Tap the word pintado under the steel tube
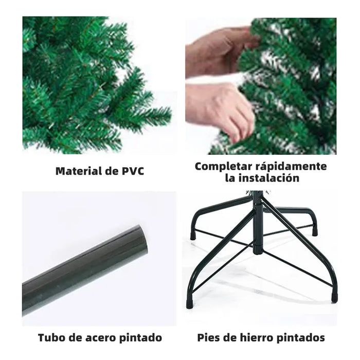(x=140, y=338)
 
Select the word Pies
(x=208, y=337)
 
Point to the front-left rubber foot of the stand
(x=190, y=304)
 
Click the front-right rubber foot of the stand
(x=334, y=297)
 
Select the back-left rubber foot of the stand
(x=193, y=236)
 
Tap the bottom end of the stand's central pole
(x=258, y=251)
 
